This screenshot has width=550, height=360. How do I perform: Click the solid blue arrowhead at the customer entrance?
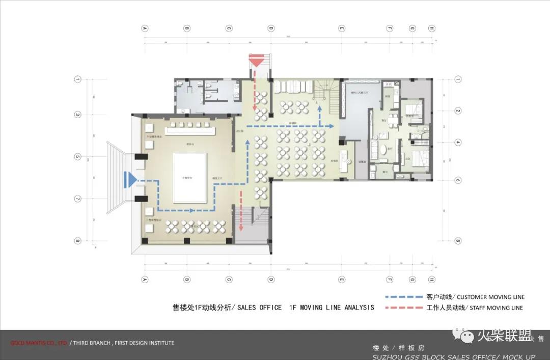pos(131,179)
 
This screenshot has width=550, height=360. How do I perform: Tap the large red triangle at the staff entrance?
pos(257,62)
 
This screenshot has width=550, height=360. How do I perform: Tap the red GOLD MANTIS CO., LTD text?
pos(39,343)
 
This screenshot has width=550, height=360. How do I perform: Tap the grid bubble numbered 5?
pos(78,156)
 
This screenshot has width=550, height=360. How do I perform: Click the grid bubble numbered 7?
pos(78,199)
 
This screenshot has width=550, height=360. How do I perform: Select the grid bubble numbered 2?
pos(458,111)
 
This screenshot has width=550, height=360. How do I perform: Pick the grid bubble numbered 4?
pos(458,143)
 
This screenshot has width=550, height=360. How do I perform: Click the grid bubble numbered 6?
pos(458,180)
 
